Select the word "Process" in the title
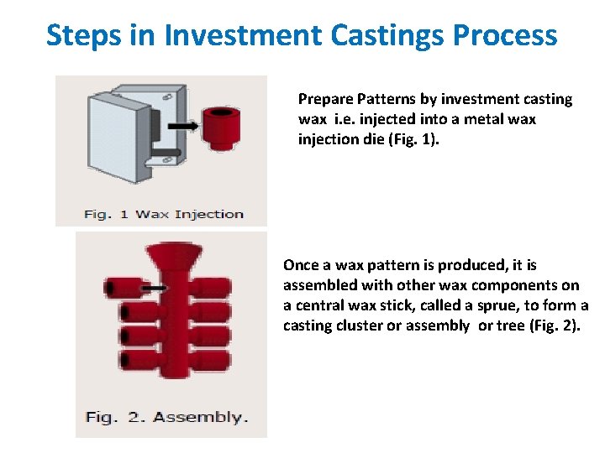coord(505,35)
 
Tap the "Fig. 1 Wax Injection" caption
coord(163,214)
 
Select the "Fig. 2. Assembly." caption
coord(166,417)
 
